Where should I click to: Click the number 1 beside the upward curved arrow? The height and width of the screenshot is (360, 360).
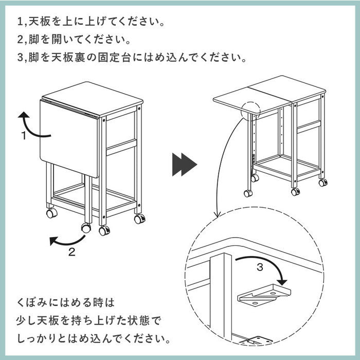coord(24,136)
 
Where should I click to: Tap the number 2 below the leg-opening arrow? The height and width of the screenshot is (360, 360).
coord(72,252)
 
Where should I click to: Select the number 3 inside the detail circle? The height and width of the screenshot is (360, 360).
coord(260,267)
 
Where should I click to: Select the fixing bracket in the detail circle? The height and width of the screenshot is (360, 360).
coord(263,296)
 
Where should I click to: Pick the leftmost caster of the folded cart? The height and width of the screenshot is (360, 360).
coord(51,212)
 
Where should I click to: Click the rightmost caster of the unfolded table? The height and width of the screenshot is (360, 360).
coord(322,182)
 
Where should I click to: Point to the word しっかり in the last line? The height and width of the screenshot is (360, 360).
coord(42,339)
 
